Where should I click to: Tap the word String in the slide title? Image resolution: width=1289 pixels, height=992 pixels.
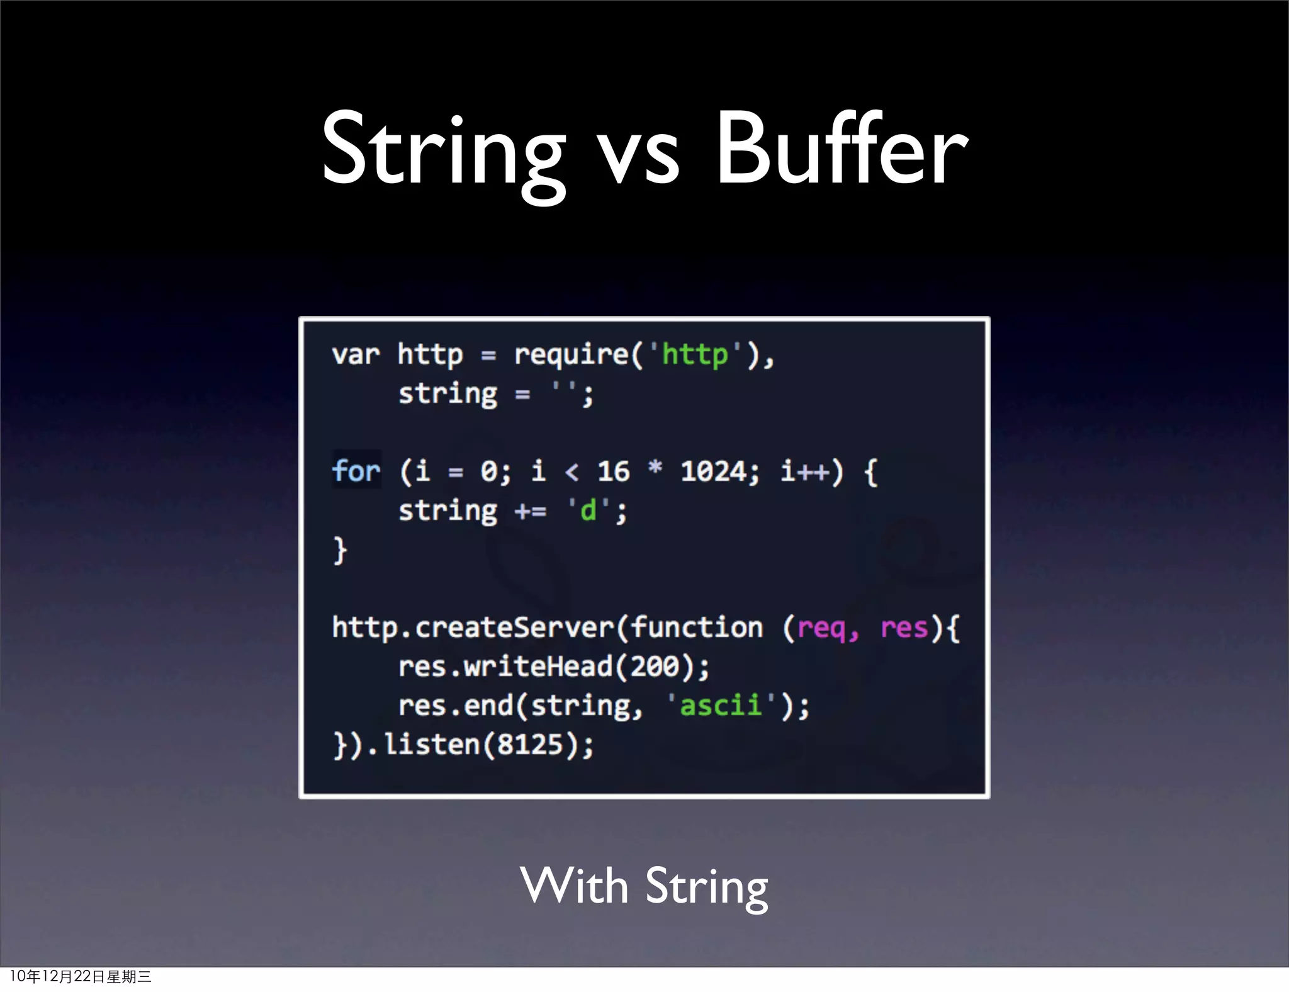point(443,151)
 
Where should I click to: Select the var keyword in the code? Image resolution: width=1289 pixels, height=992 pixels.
point(356,355)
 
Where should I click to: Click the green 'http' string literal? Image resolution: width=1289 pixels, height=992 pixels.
point(694,355)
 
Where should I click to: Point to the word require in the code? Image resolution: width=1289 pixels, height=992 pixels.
point(571,355)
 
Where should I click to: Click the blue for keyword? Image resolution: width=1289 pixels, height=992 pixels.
point(356,471)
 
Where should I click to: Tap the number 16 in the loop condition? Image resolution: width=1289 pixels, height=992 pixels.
point(613,471)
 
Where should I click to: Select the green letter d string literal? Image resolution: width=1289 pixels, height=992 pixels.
point(588,510)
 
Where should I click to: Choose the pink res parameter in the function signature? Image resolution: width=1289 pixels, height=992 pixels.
point(904,628)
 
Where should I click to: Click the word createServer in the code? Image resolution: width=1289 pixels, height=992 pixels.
point(514,628)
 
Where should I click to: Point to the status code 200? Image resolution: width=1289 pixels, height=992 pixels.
point(655,667)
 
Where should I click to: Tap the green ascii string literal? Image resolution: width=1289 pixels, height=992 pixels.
point(721,706)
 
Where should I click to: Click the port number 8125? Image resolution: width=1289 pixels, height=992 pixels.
point(530,745)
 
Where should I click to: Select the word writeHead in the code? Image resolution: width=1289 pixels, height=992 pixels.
point(538,667)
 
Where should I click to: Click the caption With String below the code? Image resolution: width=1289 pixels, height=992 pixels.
point(644,886)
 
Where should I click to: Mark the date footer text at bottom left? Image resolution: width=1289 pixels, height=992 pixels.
point(81,976)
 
